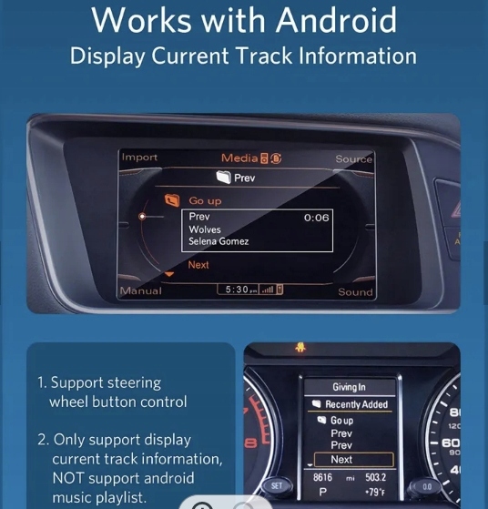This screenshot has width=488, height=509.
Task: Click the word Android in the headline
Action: click(x=336, y=20)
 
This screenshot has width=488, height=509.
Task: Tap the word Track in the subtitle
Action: click(x=264, y=56)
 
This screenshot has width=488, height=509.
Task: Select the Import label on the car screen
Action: click(x=139, y=158)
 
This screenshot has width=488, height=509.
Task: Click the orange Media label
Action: click(x=239, y=158)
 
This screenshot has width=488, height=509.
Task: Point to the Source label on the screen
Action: click(x=354, y=158)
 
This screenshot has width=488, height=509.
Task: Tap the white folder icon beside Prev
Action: click(x=223, y=177)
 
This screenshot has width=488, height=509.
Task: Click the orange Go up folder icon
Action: click(x=172, y=200)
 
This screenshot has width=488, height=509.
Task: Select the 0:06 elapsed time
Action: click(x=316, y=218)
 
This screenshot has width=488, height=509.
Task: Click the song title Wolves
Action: click(x=205, y=229)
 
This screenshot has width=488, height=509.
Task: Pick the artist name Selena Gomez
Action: click(x=219, y=241)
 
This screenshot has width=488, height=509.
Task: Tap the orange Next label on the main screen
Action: click(x=198, y=265)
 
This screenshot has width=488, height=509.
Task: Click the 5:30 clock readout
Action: click(x=237, y=289)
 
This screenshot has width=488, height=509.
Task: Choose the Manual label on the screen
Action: click(x=140, y=290)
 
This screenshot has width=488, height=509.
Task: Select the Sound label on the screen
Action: click(x=355, y=292)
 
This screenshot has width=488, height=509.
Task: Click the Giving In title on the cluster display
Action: click(x=349, y=387)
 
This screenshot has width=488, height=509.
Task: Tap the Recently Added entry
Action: click(x=357, y=404)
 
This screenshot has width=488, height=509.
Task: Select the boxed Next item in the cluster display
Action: click(x=354, y=460)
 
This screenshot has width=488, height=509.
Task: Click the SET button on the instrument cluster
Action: click(x=277, y=486)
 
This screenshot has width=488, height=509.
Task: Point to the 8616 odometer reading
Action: click(x=322, y=477)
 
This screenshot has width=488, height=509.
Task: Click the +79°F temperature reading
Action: click(x=375, y=493)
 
